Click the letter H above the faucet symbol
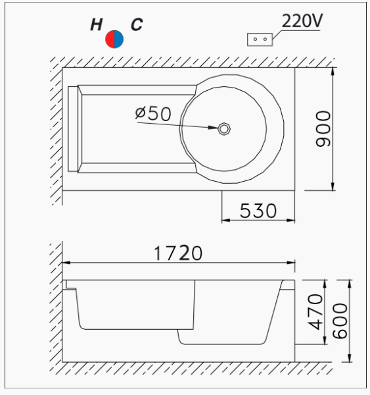point(96,25)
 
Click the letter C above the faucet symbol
point(137,24)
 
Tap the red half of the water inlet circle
point(110,39)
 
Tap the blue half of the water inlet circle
point(119,39)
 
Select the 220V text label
point(302,20)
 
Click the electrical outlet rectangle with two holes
point(260,39)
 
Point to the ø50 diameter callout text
point(153,113)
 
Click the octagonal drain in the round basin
point(224,129)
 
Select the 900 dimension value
point(323,129)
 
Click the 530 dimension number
point(258,211)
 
